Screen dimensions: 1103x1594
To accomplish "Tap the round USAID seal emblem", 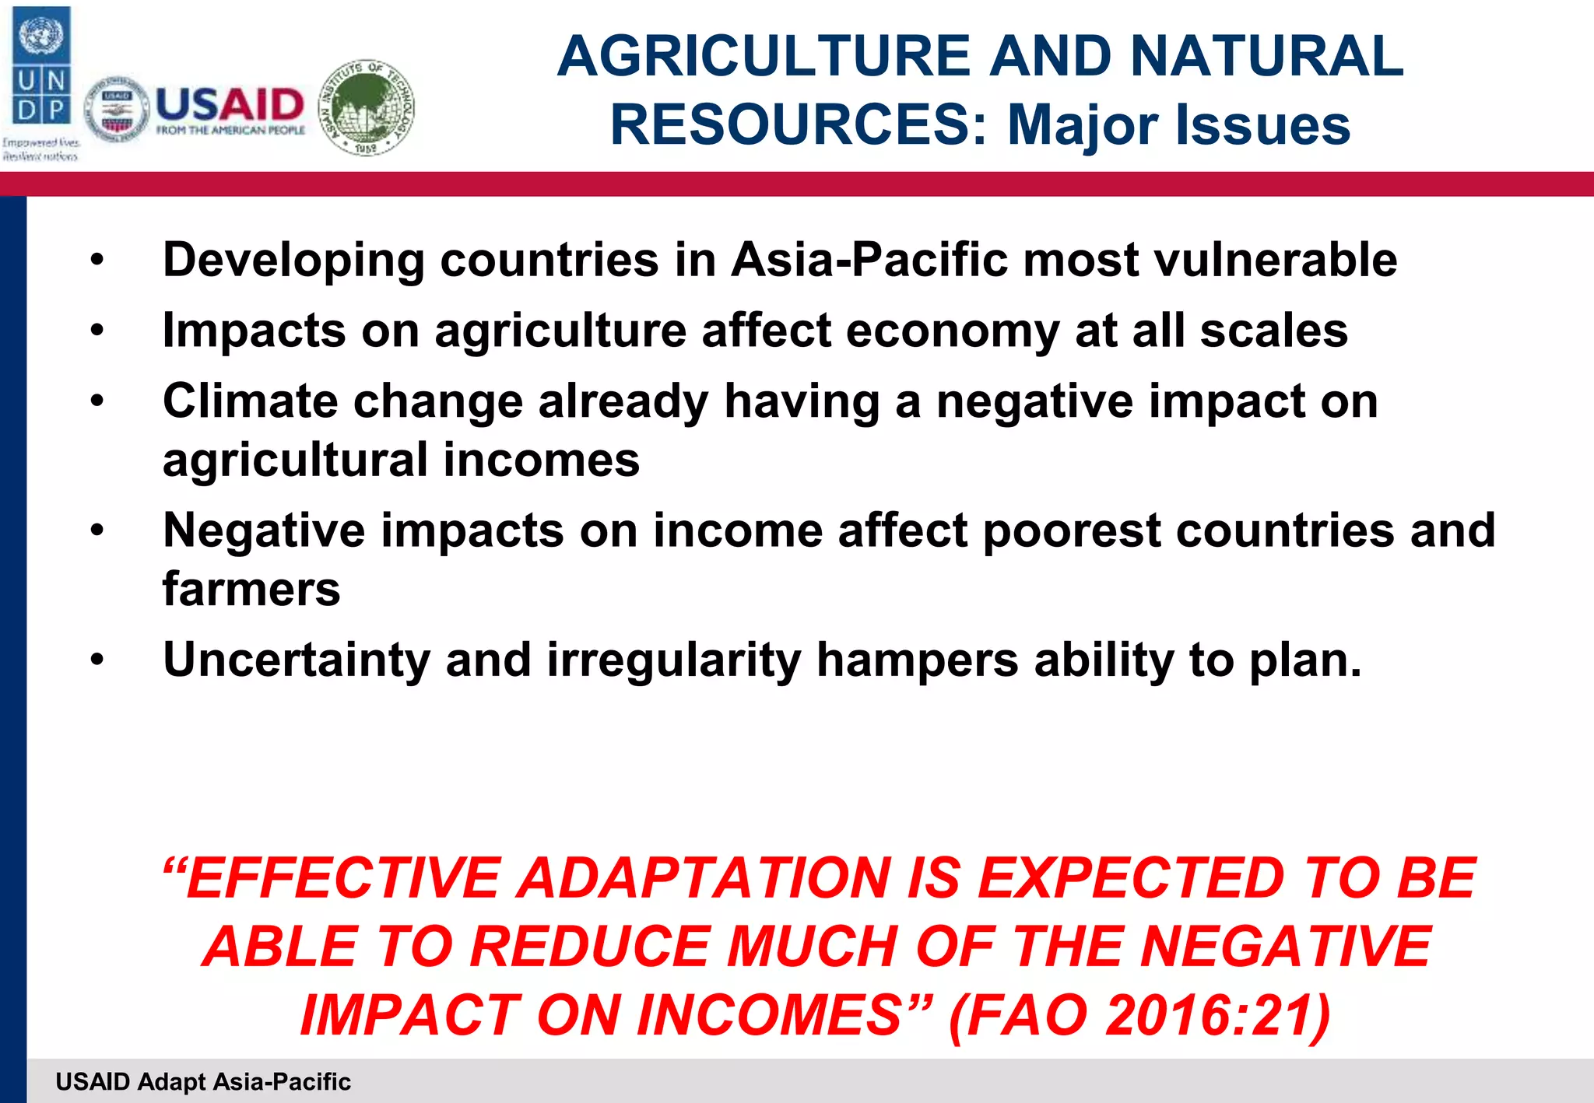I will pyautogui.click(x=116, y=110).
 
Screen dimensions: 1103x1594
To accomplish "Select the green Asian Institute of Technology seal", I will pyautogui.click(x=367, y=107).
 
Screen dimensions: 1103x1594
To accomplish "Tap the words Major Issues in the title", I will pyautogui.click(x=1178, y=124).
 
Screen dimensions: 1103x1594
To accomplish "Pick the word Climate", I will pyautogui.click(x=250, y=401).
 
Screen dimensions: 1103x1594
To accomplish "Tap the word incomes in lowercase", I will pyautogui.click(x=541, y=460).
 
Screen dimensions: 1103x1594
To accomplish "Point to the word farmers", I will pyautogui.click(x=251, y=589).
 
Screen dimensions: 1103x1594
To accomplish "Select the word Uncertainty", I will pyautogui.click(x=296, y=660).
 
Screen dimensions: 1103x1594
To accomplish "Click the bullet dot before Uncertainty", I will pyautogui.click(x=97, y=660).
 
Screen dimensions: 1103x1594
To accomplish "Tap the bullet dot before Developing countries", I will pyautogui.click(x=97, y=260).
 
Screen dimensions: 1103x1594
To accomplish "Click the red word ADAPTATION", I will pyautogui.click(x=704, y=878).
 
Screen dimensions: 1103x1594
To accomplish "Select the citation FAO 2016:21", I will pyautogui.click(x=1139, y=1015).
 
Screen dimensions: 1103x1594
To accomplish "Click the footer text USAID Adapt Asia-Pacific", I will pyautogui.click(x=203, y=1081).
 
